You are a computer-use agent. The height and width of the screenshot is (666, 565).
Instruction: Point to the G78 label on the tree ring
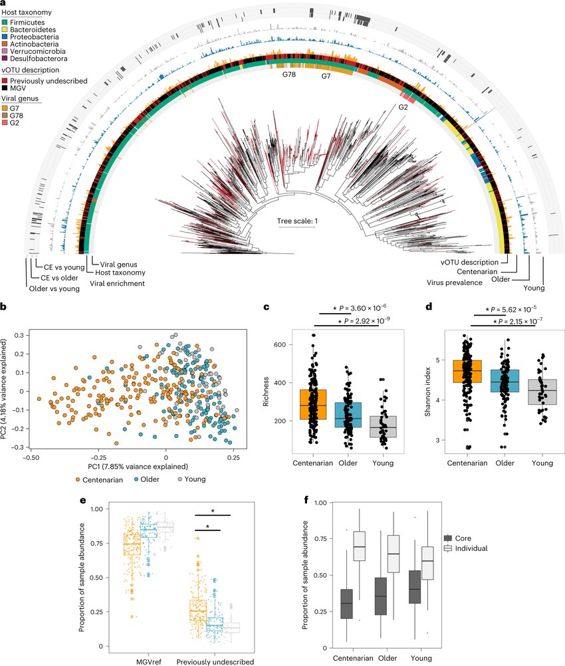[x=286, y=76]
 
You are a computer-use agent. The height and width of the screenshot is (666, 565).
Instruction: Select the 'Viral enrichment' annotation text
[x=117, y=283]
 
